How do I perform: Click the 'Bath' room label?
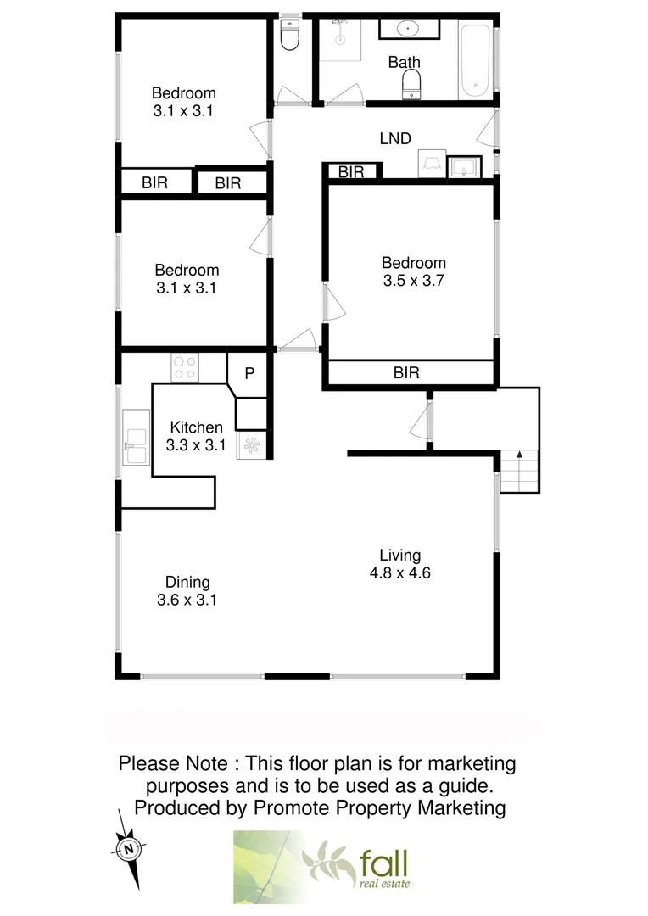click(x=404, y=62)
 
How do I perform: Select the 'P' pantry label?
click(x=250, y=373)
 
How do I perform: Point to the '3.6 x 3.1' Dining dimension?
click(x=187, y=600)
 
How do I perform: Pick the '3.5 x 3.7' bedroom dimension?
click(x=413, y=281)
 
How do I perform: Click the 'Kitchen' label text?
click(x=197, y=427)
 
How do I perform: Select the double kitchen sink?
click(x=136, y=439)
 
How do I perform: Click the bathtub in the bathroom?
click(x=475, y=62)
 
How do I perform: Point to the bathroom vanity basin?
click(x=408, y=30)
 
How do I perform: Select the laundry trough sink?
click(x=463, y=167)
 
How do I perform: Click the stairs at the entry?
click(x=517, y=471)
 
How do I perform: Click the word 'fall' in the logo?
click(x=383, y=863)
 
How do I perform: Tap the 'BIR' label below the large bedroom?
click(x=407, y=372)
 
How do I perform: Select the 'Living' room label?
click(x=399, y=556)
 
